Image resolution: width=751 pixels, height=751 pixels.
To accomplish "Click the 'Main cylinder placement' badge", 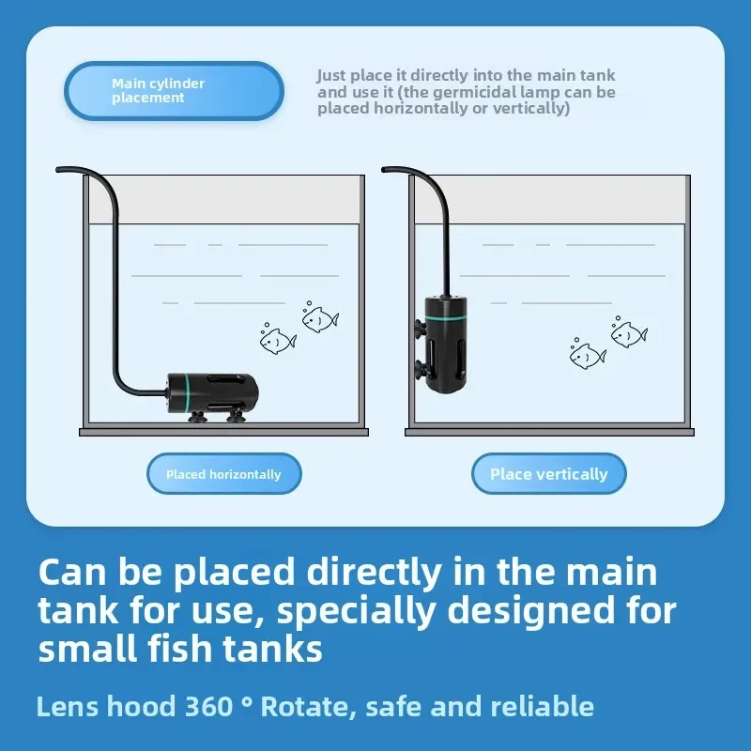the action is point(174,90).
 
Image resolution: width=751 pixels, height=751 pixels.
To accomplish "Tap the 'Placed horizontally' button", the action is point(224,474).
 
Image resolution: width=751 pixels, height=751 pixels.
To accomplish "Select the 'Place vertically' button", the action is point(549,474).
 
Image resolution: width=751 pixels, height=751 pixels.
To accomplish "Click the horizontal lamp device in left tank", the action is point(213,395).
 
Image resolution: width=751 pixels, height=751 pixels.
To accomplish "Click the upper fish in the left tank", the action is point(320,318).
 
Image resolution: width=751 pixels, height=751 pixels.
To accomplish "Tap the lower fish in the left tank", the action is point(278,340).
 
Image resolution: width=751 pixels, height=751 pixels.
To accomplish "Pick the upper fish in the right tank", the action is point(629,333).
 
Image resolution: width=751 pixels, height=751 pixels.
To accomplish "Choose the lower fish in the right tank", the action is point(588,355).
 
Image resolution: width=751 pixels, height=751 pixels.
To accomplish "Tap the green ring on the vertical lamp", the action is point(446,317).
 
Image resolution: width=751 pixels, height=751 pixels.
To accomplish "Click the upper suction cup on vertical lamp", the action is point(421,328).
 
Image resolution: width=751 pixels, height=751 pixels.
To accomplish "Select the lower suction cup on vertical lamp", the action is point(421,368).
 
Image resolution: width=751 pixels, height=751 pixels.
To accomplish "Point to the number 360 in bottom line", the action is point(208,707).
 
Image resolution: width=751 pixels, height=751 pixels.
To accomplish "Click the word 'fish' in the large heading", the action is point(179,649).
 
